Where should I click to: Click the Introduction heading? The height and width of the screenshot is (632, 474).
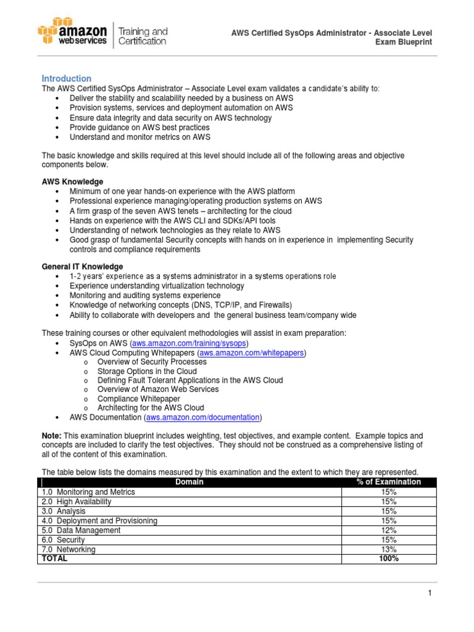point(66,78)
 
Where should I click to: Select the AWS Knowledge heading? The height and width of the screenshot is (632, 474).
point(72,181)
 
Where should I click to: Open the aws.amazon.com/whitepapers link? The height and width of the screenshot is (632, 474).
point(252,352)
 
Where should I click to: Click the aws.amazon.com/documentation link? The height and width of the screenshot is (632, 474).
point(203,417)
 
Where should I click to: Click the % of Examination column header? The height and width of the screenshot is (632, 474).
point(389,482)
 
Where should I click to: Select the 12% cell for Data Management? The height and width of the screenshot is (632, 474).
point(389,530)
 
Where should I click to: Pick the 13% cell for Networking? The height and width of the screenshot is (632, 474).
point(389,549)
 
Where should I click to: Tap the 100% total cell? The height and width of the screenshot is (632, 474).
point(389,559)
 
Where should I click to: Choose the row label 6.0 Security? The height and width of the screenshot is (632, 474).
point(64,540)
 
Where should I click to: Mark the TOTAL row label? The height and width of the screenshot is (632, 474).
point(54,559)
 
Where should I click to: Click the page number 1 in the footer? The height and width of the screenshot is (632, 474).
point(429,593)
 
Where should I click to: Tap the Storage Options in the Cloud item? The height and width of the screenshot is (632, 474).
point(147,371)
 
